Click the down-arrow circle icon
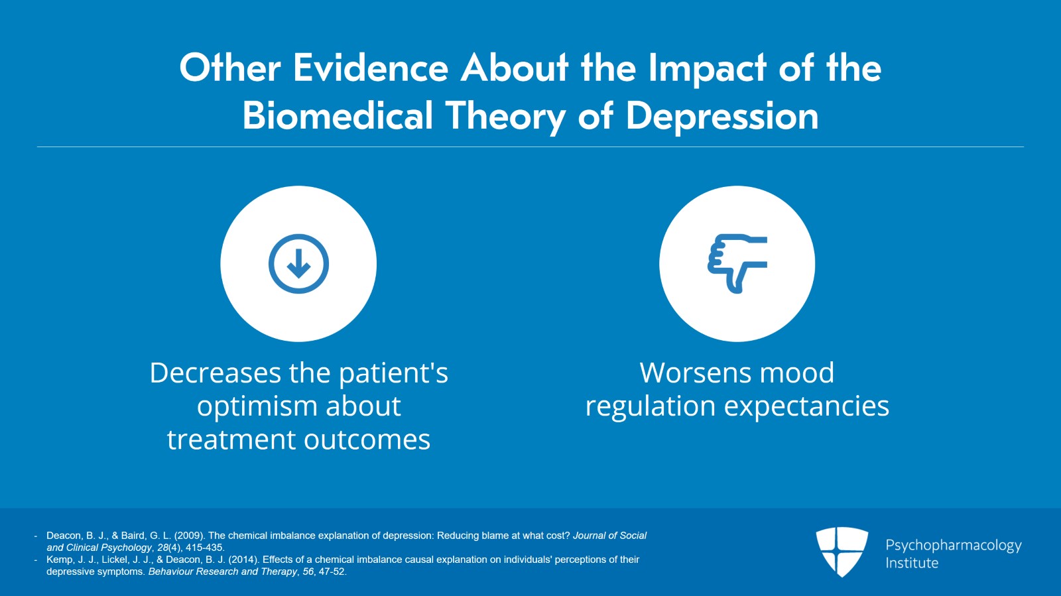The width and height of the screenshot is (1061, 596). (x=298, y=264)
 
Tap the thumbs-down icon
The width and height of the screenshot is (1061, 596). (x=737, y=263)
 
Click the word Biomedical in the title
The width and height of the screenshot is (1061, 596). (x=338, y=116)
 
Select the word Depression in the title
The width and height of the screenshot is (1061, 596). (x=722, y=116)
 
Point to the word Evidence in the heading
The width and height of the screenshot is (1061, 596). (x=371, y=68)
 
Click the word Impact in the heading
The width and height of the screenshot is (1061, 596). (x=708, y=68)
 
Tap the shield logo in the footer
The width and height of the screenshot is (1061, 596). (x=842, y=552)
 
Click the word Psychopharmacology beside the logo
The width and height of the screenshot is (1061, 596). (x=953, y=545)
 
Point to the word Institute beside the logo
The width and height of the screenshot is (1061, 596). (x=912, y=563)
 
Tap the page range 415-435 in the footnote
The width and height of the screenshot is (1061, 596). (x=205, y=548)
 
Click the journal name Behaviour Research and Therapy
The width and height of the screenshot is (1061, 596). (x=223, y=571)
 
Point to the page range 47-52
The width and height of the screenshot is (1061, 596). (x=332, y=571)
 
